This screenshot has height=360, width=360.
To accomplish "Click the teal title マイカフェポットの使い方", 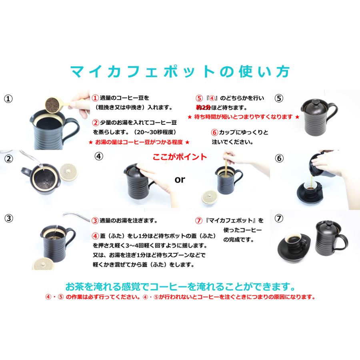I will (180, 72).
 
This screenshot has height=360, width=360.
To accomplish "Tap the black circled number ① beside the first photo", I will (8, 99).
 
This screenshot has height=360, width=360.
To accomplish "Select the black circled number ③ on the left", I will (8, 218).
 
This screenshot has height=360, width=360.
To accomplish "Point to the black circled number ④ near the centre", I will (99, 156).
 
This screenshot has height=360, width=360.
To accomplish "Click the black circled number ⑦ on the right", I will (279, 218).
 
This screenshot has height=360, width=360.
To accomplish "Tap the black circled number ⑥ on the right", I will (279, 158).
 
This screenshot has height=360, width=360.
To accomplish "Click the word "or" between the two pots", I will (180, 180).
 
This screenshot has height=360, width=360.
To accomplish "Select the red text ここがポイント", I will (180, 157).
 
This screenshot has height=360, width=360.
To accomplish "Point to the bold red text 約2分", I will (203, 108).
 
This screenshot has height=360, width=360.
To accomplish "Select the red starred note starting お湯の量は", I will (139, 142).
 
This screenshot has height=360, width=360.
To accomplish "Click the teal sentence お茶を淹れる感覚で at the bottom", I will (180, 287).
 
